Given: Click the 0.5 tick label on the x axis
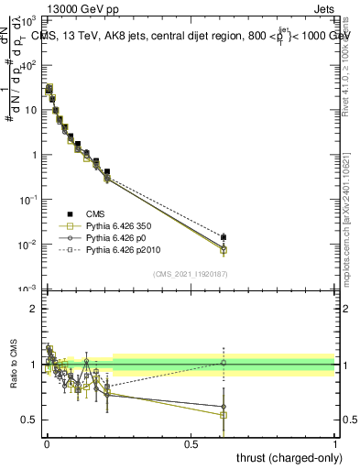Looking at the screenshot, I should [x=191, y=442].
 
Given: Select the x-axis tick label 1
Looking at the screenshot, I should [x=336, y=442].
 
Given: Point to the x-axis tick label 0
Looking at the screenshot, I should [x=48, y=442].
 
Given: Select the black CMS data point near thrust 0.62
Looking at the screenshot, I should [x=224, y=237].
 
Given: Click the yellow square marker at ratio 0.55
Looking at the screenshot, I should [x=224, y=415].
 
